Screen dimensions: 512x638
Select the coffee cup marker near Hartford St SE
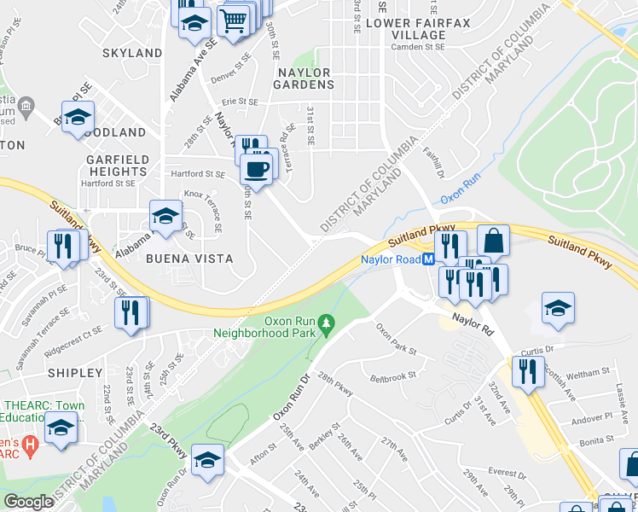[x=258, y=168]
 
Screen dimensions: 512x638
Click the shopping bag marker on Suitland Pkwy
[x=493, y=240]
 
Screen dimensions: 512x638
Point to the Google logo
[x=28, y=502]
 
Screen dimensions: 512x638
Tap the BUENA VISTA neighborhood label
[x=177, y=258]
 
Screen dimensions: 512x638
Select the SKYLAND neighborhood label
[x=132, y=53]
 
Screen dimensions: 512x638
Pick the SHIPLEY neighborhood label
[x=75, y=373]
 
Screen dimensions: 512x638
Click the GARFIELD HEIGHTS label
[x=118, y=165]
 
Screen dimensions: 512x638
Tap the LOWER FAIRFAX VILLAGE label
[x=406, y=29]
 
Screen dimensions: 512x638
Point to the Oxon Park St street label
[x=396, y=340]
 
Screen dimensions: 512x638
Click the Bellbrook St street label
[x=392, y=375]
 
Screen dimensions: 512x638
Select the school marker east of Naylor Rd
[x=558, y=308]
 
